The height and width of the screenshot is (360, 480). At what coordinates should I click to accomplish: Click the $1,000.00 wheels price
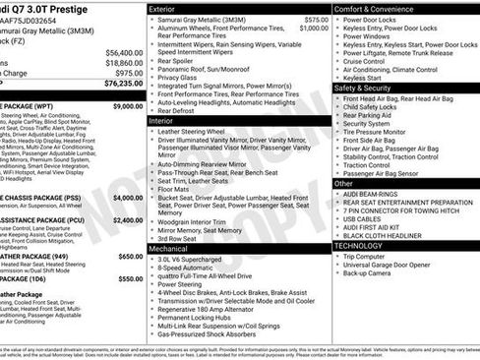287,30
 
